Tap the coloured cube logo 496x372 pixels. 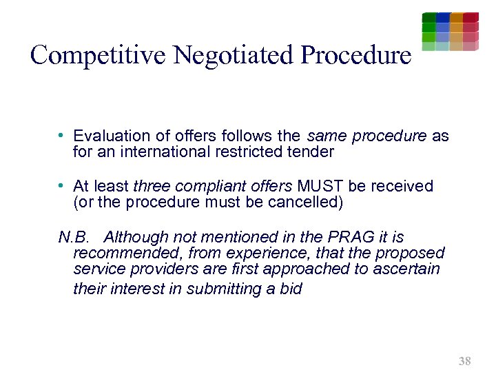450,32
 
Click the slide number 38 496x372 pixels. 464,361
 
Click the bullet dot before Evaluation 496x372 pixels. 61,136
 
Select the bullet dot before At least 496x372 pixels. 61,187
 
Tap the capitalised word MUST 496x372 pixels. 318,187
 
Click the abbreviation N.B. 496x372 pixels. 73,238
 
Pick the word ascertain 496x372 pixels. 406,269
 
